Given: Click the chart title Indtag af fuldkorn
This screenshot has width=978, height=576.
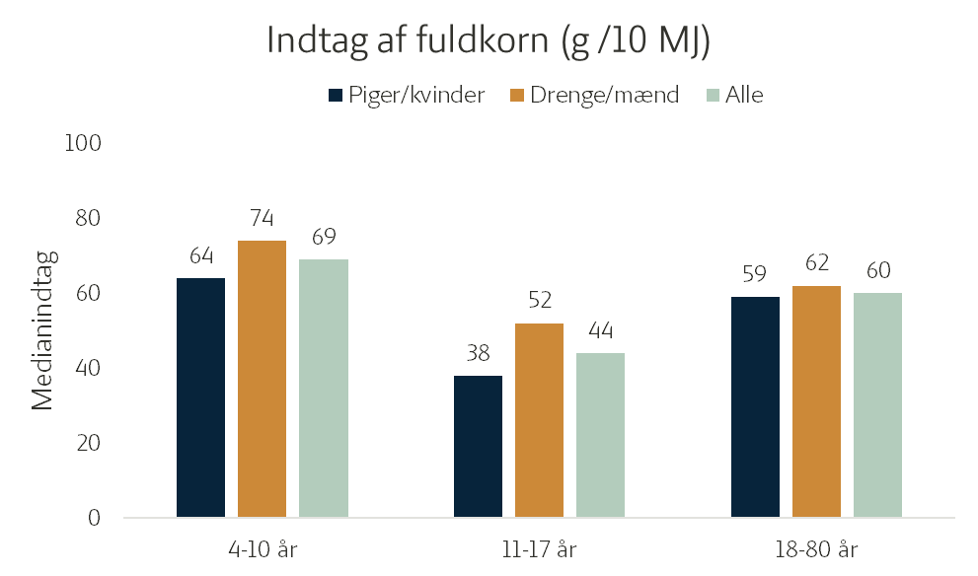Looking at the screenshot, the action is pos(489,41).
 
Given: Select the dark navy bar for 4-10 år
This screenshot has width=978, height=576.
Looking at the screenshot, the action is pos(201,397).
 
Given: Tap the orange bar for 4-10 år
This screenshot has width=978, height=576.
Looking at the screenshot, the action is pos(262,379).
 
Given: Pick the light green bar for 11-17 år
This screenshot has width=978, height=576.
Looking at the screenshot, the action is pos(600,435).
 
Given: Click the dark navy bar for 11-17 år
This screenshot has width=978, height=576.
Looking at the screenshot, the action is pos(478,447).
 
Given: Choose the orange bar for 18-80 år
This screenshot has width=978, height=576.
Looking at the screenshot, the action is pos(816,401).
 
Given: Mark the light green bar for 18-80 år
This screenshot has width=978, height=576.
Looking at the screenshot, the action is pos(877,405).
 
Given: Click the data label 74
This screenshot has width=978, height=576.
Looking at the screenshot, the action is pos(262,218).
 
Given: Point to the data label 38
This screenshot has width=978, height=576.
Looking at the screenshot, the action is pos(478,353).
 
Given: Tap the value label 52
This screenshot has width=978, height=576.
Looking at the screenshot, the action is pos(540,301).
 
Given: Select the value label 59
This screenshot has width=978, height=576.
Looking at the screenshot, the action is pos(755,273).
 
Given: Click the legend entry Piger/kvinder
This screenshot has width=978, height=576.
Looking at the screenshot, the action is pos(407,96).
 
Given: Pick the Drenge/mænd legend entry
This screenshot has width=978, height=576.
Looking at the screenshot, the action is pos(594,96).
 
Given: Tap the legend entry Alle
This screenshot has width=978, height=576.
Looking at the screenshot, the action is pos(735,96).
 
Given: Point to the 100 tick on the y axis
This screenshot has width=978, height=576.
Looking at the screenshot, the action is pos(83,143).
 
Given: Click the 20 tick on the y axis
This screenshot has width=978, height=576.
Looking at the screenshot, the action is pos(88,443).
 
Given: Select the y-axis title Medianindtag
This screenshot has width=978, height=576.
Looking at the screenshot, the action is pos(43,329).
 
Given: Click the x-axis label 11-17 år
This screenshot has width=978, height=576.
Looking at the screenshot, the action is pos(540,549).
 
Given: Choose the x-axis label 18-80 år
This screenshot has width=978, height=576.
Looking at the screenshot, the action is pos(816,549).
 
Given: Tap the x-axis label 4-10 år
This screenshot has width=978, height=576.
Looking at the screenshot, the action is pos(263,549).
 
